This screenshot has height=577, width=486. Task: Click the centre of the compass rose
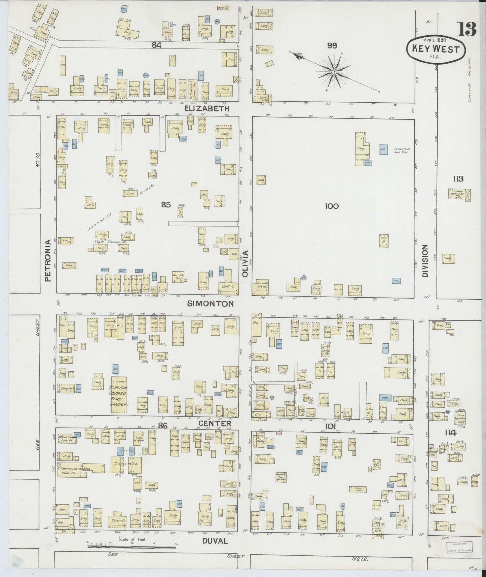pyautogui.click(x=334, y=72)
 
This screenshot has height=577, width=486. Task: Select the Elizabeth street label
pyautogui.click(x=207, y=108)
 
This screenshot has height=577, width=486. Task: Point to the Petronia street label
pyautogui.click(x=47, y=260)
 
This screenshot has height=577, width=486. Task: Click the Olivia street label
pyautogui.click(x=245, y=264)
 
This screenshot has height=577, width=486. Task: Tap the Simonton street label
pyautogui.click(x=210, y=304)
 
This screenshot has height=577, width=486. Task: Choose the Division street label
pyautogui.click(x=425, y=261)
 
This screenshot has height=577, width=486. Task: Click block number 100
pyautogui.click(x=332, y=206)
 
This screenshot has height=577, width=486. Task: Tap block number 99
pyautogui.click(x=332, y=46)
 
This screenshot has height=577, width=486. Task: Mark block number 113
pyautogui.click(x=458, y=179)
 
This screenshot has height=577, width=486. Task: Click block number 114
pyautogui.click(x=450, y=433)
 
